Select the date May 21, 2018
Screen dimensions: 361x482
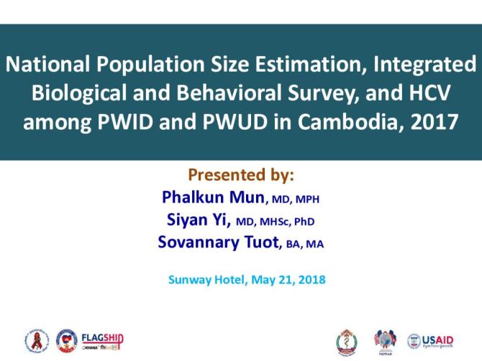(x=288, y=279)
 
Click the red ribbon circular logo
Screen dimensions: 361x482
(x=37, y=340)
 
